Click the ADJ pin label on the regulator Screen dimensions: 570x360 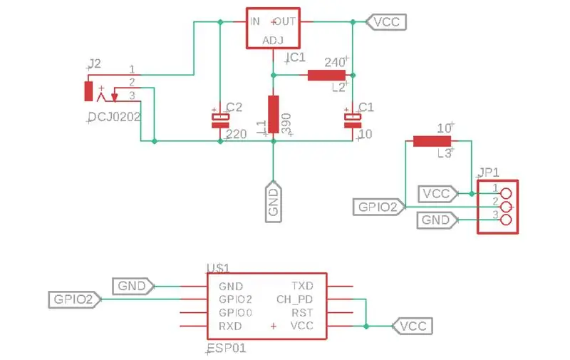[x=273, y=41]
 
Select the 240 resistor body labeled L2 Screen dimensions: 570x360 [x=326, y=76]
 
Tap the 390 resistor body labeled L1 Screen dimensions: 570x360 [x=274, y=115]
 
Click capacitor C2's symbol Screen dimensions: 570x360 [x=220, y=120]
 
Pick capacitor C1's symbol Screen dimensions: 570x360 [x=353, y=120]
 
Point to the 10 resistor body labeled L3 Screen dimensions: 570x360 [x=432, y=141]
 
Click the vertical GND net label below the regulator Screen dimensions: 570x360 [x=274, y=202]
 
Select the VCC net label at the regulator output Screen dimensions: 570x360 [x=386, y=22]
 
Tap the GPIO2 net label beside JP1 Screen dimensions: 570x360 [x=379, y=207]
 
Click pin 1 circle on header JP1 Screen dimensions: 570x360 [x=506, y=193]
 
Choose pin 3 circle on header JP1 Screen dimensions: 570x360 [x=506, y=220]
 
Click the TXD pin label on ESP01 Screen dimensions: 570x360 [x=302, y=286]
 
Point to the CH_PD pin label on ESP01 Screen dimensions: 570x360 [x=294, y=299]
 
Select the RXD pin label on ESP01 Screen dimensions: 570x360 [x=230, y=326]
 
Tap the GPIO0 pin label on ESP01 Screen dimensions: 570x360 [x=236, y=313]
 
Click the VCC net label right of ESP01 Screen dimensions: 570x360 [x=413, y=326]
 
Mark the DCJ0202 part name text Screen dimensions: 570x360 [x=114, y=117]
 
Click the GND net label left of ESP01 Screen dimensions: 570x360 [x=133, y=286]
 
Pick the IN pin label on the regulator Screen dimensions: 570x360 [x=255, y=21]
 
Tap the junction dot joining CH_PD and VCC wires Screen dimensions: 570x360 [x=366, y=326]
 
